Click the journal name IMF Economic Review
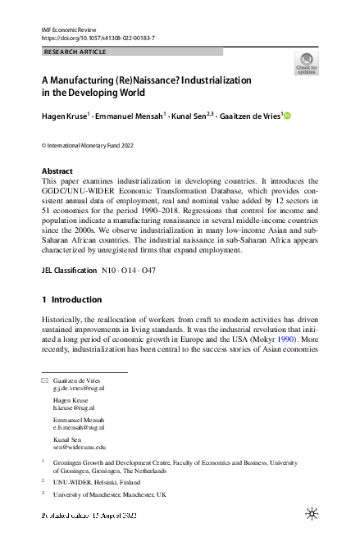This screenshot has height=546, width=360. (68, 30)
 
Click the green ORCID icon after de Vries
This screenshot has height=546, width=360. (287, 116)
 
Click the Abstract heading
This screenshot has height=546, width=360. (57, 171)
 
